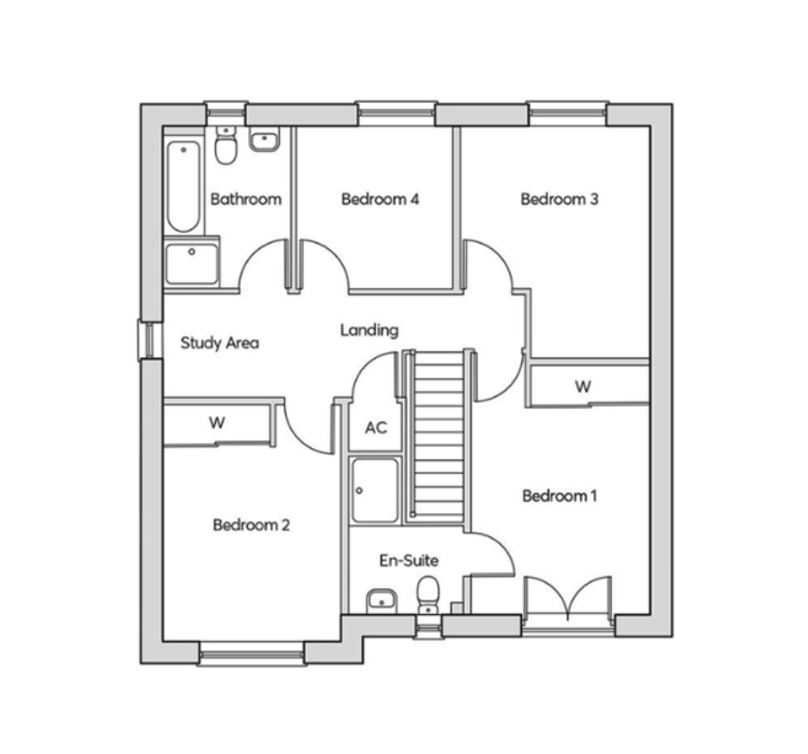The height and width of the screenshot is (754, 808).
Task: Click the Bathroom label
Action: [245, 199]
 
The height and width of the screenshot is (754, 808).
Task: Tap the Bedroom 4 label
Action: [380, 199]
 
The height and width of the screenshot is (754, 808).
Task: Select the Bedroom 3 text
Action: [560, 199]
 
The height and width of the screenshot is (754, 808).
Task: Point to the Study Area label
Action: [219, 342]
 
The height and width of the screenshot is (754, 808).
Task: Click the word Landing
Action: [369, 330]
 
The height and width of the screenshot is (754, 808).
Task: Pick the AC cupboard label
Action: [376, 428]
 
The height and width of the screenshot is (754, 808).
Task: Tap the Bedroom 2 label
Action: [251, 525]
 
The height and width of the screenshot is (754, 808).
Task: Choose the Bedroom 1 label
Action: [560, 496]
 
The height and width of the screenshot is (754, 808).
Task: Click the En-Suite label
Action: [409, 560]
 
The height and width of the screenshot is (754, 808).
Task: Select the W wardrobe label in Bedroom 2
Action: [217, 423]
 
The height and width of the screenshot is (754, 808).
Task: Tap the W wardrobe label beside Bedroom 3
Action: [583, 386]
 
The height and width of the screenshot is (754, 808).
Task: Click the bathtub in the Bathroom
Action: [184, 186]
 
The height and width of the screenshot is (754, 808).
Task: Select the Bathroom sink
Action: [264, 140]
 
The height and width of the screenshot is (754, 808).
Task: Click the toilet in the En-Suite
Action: [428, 595]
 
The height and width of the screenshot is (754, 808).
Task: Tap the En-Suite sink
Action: [381, 601]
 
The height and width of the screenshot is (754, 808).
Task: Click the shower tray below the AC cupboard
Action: [374, 490]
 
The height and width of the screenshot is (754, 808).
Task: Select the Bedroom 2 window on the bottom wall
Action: [252, 654]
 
